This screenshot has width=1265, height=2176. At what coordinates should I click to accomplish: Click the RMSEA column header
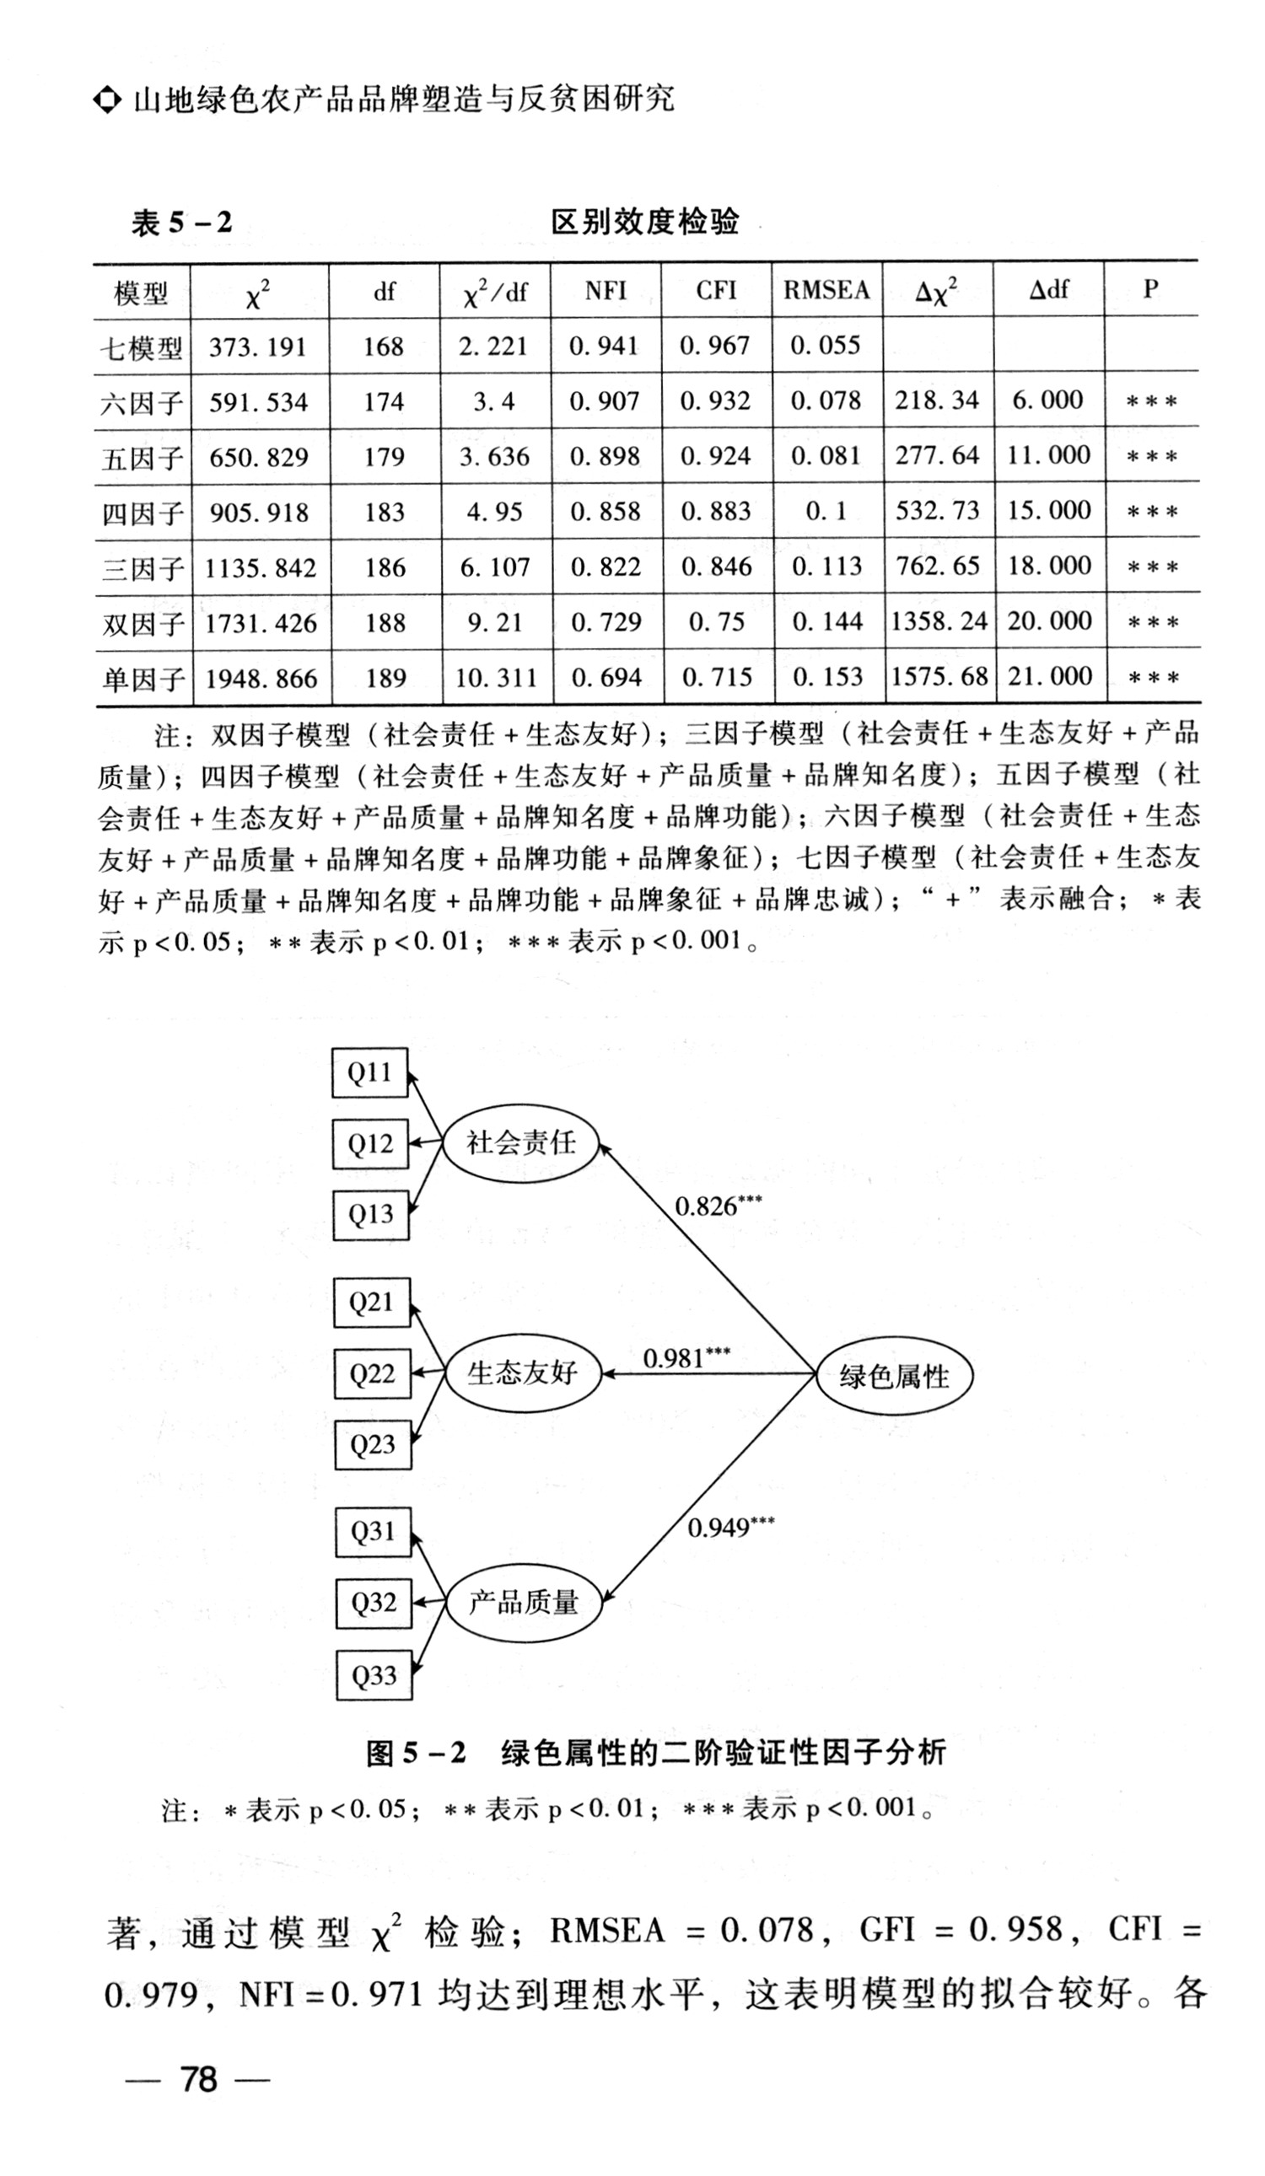pos(826,290)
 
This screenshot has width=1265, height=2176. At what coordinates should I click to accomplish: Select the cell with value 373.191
pos(257,347)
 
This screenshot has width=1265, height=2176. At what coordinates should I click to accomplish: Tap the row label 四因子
pos(143,513)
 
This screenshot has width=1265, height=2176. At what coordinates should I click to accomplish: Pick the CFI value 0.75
pos(716,622)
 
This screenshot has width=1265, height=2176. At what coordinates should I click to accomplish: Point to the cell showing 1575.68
pos(938,677)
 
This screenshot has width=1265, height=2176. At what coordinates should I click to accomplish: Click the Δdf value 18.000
pos(1048,567)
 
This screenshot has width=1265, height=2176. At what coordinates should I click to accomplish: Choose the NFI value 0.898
pos(605,457)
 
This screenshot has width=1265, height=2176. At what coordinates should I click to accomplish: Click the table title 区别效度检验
pos(645,222)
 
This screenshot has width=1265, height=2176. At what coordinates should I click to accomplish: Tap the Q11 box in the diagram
pos(369,1072)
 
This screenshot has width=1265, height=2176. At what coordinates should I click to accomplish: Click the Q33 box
pos(373,1676)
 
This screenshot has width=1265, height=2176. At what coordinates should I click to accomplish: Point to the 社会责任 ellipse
pos(520,1142)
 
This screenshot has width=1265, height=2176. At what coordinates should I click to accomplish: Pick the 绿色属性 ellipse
pos(894,1377)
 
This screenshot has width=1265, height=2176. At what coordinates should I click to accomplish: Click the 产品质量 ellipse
pos(523,1604)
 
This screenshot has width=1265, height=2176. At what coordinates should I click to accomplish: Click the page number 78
pos(198,2079)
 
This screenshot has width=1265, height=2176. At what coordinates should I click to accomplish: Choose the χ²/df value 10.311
pos(495,678)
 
